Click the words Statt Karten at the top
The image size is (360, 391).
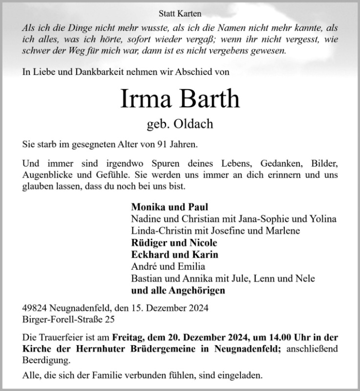point(180,14)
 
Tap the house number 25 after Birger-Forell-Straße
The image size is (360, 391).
point(112,319)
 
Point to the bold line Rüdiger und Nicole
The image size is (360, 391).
point(174,243)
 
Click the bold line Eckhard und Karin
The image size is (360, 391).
point(174,255)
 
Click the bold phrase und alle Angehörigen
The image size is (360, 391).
point(178,291)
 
